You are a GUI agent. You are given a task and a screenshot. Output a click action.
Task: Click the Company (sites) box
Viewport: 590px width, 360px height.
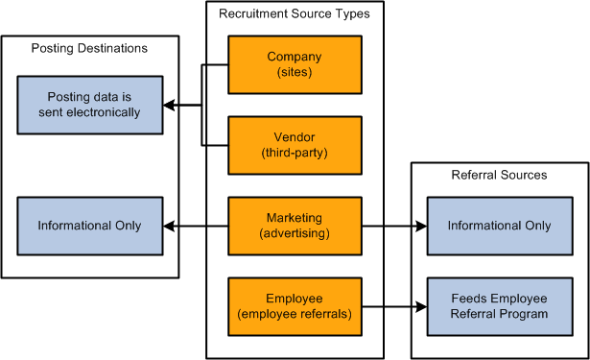[295, 64]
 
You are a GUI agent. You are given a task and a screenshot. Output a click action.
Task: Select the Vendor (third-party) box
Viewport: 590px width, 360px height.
[295, 145]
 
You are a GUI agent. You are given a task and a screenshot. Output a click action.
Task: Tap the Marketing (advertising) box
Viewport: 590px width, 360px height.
[295, 226]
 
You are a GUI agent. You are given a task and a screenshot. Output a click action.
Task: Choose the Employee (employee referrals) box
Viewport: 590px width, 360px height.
[295, 306]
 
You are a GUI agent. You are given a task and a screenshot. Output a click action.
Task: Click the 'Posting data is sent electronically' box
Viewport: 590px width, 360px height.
[94, 105]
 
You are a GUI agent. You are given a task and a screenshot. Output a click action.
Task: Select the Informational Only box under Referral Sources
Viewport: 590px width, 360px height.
[499, 226]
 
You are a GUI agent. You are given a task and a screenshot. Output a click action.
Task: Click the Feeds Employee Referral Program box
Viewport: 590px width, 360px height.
[499, 306]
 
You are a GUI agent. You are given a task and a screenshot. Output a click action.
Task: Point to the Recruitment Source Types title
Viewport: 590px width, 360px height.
[294, 13]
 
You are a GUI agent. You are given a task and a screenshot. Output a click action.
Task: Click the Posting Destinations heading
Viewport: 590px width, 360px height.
[89, 48]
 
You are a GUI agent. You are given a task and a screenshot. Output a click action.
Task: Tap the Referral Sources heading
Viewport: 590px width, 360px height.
[499, 175]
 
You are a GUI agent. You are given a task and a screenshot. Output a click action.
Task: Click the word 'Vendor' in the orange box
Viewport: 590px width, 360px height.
[295, 137]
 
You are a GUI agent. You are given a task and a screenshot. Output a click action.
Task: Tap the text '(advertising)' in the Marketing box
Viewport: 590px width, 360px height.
[295, 233]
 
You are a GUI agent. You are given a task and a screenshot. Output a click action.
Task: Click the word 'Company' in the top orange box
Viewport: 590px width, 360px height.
[295, 57]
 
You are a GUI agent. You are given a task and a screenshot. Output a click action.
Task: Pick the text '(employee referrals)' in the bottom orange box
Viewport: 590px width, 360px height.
[295, 314]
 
